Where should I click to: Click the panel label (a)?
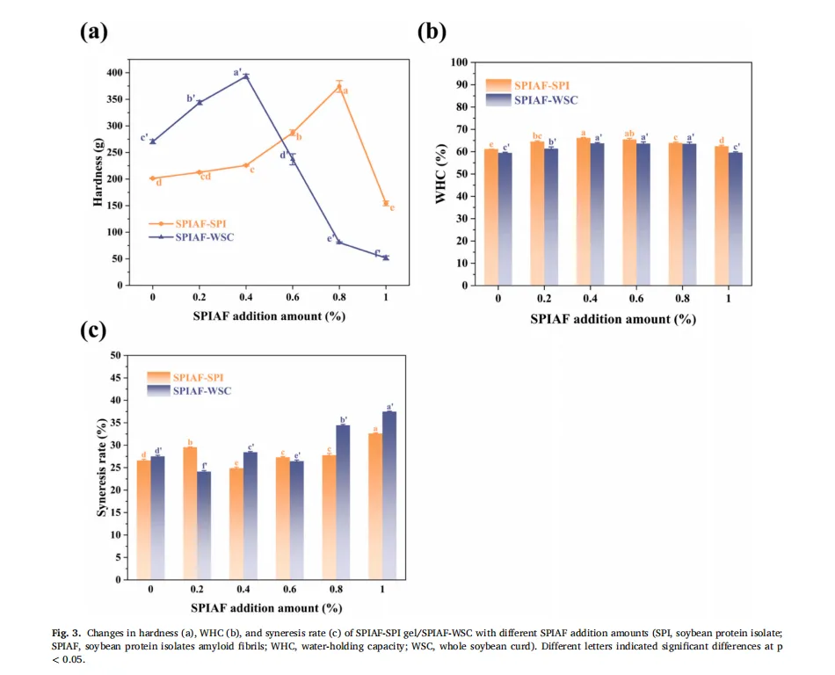point(94,33)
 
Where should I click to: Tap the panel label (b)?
point(432,33)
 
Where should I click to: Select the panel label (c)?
point(94,330)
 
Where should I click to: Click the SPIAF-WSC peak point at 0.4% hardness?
point(246,76)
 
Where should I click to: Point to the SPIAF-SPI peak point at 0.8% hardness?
point(339,86)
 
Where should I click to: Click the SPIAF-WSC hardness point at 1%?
point(386,258)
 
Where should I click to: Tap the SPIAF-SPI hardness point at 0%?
point(153,178)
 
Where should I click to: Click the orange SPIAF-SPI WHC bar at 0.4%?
point(582,211)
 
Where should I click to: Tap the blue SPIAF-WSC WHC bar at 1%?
point(737,219)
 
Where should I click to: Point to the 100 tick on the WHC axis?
point(457,62)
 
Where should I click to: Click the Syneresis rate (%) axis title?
point(101,468)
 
